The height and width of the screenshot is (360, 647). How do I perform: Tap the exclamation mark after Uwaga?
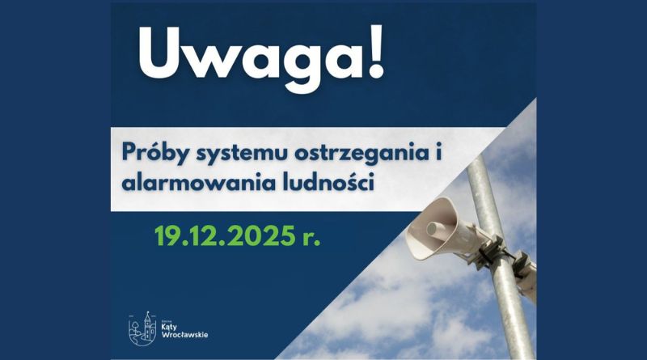tap(376, 53)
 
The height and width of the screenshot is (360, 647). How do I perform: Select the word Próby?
tap(156, 154)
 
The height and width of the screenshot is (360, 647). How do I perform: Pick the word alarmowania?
tap(198, 182)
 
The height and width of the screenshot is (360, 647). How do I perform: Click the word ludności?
tap(328, 182)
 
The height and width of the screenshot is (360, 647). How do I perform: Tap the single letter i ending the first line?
tap(438, 151)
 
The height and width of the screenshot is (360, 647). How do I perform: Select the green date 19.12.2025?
tap(226, 235)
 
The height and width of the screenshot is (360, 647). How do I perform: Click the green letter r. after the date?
tap(311, 238)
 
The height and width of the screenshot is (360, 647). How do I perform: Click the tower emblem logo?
tap(143, 328)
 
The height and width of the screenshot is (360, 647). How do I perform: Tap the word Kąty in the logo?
tap(169, 328)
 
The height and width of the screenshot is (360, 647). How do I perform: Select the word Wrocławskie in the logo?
tap(184, 335)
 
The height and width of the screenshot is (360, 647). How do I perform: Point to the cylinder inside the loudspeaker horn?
tap(436, 230)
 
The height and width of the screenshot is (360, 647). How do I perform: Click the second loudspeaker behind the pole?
tap(525, 275)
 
